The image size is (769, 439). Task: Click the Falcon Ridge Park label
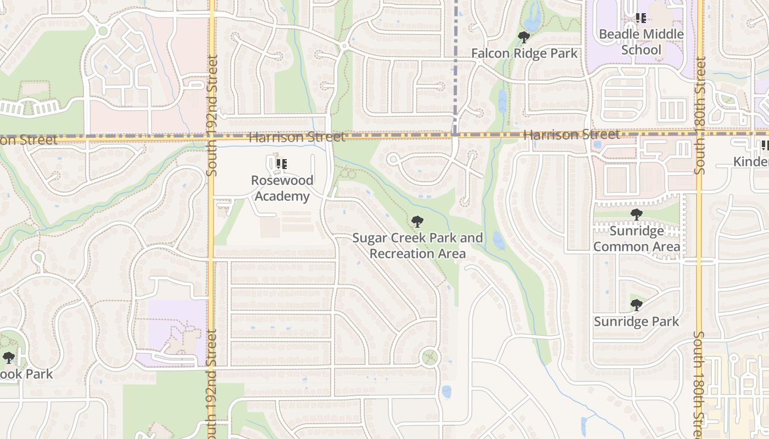(x=525, y=53)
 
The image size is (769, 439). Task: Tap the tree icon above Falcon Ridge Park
(x=524, y=37)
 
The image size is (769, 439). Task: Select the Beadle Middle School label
(x=641, y=42)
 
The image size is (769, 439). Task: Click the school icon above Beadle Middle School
(x=640, y=18)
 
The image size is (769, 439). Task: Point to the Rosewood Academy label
(x=282, y=188)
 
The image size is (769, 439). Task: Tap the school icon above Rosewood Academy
(x=282, y=164)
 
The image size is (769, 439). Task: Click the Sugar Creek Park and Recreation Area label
(x=417, y=246)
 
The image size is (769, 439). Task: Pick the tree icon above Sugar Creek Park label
(x=417, y=222)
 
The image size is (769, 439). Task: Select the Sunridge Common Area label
(x=637, y=239)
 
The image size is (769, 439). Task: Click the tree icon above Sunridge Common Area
(x=636, y=215)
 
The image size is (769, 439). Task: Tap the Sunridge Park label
(x=637, y=322)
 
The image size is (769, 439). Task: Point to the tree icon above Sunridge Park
(x=636, y=305)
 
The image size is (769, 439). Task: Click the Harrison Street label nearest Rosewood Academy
(x=297, y=137)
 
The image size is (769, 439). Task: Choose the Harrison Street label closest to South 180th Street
(x=571, y=134)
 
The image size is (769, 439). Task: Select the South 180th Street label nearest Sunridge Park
(x=699, y=384)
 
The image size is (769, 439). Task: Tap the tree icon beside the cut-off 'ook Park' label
(x=8, y=358)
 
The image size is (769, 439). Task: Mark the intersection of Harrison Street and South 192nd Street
(x=211, y=137)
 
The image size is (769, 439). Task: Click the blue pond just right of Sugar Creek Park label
(x=499, y=240)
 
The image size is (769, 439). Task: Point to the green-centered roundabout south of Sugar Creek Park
(x=430, y=357)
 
